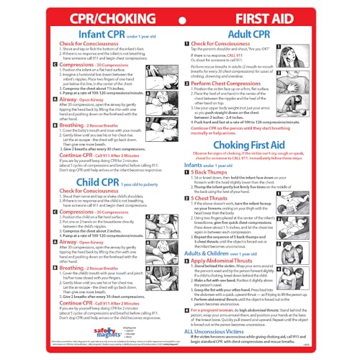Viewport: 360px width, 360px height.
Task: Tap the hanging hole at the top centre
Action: pos(180,5)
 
